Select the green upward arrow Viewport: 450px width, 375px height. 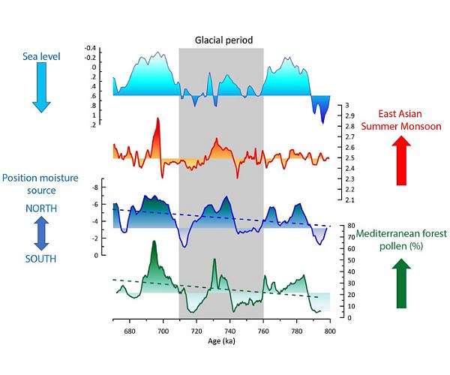[401, 283]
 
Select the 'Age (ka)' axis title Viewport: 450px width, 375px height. [220, 341]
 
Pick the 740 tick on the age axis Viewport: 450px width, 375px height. [229, 330]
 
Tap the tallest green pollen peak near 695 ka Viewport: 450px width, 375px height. [154, 244]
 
